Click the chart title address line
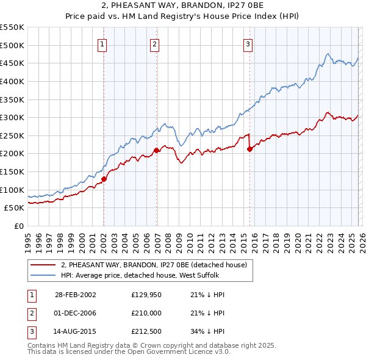pyautogui.click(x=182, y=6)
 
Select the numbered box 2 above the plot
pyautogui.click(x=155, y=43)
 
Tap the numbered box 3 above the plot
pyautogui.click(x=248, y=43)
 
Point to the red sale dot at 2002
pyautogui.click(x=104, y=179)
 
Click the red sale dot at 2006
pyautogui.click(x=156, y=150)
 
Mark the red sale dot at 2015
pyautogui.click(x=249, y=149)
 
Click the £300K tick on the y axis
pyautogui.click(x=12, y=117)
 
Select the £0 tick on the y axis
pyautogui.click(x=18, y=226)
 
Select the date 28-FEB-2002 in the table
pyautogui.click(x=75, y=295)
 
